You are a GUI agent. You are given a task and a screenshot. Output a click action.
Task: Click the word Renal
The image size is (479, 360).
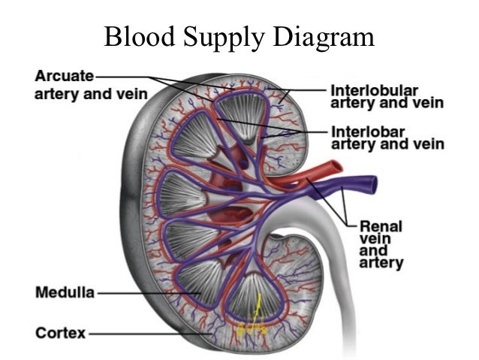[381, 225]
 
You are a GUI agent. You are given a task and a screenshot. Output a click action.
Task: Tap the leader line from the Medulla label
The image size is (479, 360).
[143, 293]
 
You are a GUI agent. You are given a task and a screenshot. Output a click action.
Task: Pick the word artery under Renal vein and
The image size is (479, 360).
[382, 264]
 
